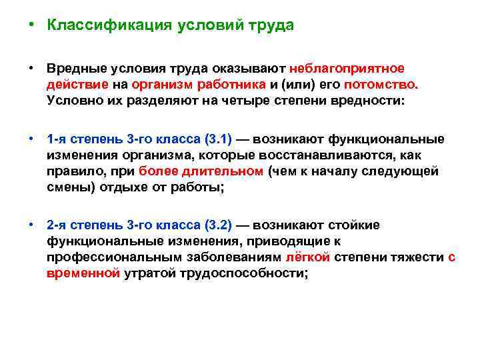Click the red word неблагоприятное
[346, 69]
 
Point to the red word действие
[73, 85]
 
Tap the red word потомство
[381, 85]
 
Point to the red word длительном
[232, 171]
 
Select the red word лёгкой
[307, 257]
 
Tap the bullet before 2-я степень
[31, 225]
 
